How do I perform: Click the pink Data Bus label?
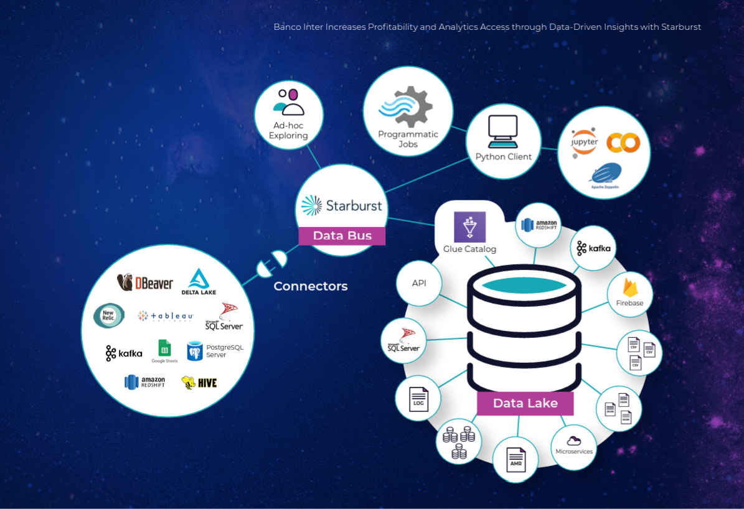(x=342, y=236)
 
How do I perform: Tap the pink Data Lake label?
(x=525, y=403)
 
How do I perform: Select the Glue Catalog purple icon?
(x=469, y=227)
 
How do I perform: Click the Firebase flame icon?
(x=629, y=287)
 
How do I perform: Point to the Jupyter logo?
(x=585, y=142)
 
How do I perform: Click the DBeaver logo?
(x=145, y=283)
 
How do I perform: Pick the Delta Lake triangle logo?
(x=199, y=281)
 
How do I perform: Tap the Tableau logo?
(x=166, y=316)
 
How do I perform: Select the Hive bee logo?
(x=199, y=382)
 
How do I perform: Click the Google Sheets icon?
(x=164, y=348)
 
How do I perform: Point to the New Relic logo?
(x=108, y=315)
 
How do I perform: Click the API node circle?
(x=419, y=283)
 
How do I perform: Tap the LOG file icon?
(x=418, y=398)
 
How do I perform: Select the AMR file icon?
(x=516, y=459)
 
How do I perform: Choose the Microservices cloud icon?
(x=574, y=441)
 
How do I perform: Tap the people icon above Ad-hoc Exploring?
(x=289, y=102)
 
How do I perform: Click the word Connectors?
(x=311, y=286)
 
